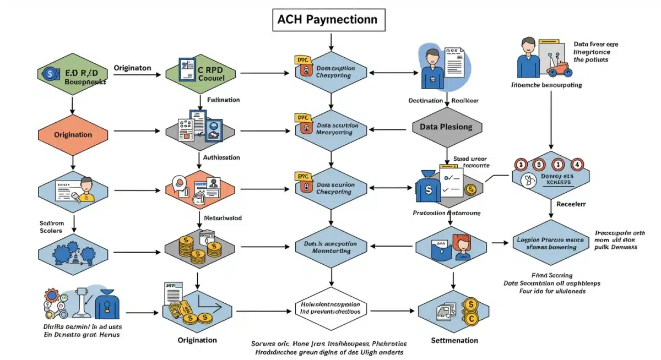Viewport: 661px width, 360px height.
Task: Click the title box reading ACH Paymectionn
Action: pos(329,20)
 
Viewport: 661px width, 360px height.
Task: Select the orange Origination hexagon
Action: pos(73,134)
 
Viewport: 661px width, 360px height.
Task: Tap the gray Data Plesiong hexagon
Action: pos(446,127)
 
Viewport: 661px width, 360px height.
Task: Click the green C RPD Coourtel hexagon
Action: pos(201,74)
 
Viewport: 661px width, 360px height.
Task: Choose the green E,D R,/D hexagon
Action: pos(72,74)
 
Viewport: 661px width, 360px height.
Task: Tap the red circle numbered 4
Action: pos(577,163)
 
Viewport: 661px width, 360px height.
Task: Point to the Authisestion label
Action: pos(221,157)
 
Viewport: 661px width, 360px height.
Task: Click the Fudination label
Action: pos(223,100)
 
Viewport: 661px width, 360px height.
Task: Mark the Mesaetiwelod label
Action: pos(223,218)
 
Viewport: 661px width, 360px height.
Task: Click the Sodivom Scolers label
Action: pos(52,226)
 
